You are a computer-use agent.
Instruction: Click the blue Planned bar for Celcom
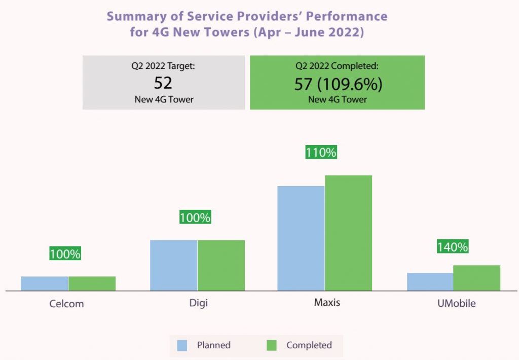45,283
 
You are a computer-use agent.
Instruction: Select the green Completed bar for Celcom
92,283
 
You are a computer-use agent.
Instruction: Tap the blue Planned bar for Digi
173,265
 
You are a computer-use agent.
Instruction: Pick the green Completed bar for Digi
221,265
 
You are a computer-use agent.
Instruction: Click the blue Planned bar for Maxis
301,238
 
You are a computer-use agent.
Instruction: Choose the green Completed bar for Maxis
348,233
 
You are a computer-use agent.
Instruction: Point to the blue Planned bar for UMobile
430,281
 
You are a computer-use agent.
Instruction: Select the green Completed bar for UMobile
476,278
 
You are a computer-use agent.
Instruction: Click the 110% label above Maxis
321,152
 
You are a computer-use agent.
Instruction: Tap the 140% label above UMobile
453,247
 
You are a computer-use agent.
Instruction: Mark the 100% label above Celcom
65,254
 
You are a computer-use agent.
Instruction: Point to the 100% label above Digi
195,218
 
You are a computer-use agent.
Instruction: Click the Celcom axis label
66,304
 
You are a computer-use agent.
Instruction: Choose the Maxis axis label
327,303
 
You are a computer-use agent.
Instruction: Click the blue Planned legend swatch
182,345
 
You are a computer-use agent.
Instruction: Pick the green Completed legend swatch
272,345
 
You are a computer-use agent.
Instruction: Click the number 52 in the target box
163,83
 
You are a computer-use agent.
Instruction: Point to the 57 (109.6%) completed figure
338,84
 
